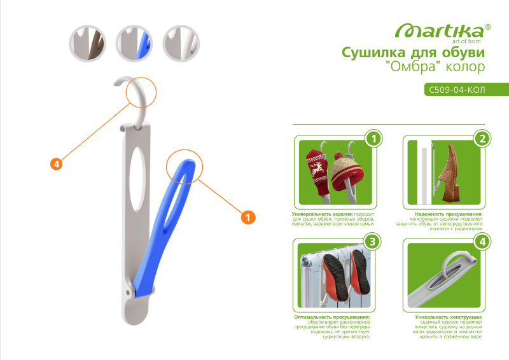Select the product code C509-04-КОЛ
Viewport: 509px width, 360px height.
click(x=457, y=90)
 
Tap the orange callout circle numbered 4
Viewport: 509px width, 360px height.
click(x=57, y=164)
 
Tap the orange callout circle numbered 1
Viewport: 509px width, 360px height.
click(x=248, y=217)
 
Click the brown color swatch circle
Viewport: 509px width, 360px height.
click(x=88, y=43)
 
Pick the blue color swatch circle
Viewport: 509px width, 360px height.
click(x=134, y=43)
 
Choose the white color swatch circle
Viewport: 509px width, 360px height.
click(x=181, y=43)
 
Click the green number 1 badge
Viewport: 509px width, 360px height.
click(x=373, y=139)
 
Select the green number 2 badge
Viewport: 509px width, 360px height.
click(x=482, y=139)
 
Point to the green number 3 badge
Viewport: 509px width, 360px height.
click(x=372, y=242)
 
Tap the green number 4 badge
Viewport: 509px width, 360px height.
click(x=482, y=242)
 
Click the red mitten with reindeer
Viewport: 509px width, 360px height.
click(x=318, y=172)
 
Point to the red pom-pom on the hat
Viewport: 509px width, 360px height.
click(x=338, y=156)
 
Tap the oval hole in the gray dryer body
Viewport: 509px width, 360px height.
click(x=137, y=179)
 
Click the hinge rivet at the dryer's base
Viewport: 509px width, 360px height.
click(x=129, y=293)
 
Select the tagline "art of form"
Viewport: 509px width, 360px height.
click(x=466, y=41)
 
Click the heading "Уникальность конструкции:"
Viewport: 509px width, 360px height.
click(x=449, y=317)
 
